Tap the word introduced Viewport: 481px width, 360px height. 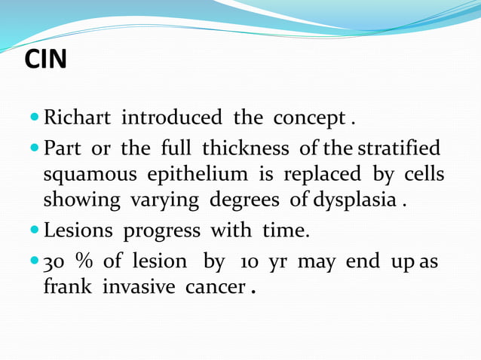[171, 118]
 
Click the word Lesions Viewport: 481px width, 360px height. [78, 230]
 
